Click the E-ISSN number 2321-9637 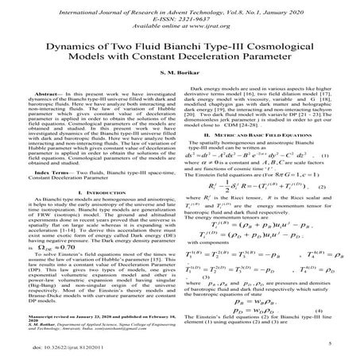click(x=192, y=15)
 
